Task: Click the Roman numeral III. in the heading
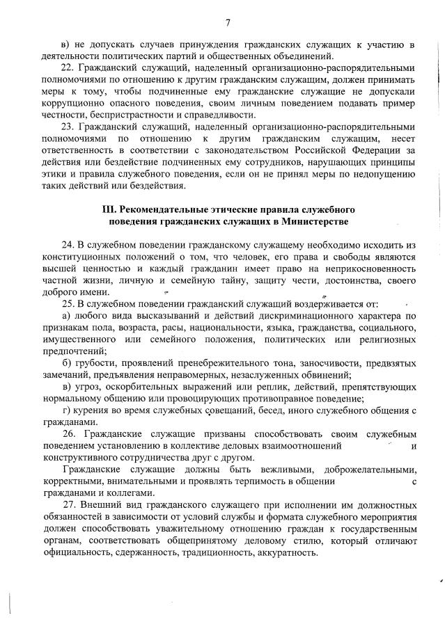(x=109, y=209)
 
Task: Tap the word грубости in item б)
(x=93, y=364)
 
